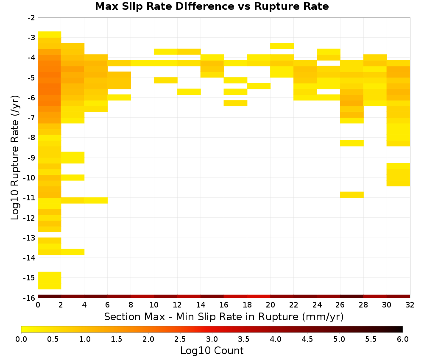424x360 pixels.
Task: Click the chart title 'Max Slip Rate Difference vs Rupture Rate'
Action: point(212,6)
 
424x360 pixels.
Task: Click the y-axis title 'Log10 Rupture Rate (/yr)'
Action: point(15,158)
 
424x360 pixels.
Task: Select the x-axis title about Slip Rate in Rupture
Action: point(223,316)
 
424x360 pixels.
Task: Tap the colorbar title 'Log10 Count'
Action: point(212,351)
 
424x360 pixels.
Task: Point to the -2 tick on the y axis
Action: point(31,18)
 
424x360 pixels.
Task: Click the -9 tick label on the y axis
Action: point(31,158)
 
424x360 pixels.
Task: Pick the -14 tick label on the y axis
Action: point(30,258)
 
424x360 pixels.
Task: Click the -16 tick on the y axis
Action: point(30,298)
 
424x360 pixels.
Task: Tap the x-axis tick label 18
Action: point(247,305)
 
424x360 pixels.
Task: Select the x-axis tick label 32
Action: point(410,305)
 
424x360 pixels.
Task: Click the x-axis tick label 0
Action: point(38,305)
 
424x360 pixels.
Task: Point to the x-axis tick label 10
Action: point(154,305)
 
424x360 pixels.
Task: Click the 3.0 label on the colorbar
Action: point(212,339)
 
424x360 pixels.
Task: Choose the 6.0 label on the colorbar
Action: point(403,339)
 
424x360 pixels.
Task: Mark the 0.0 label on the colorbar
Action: point(21,339)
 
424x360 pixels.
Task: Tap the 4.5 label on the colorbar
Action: point(307,339)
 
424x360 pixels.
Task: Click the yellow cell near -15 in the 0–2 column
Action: point(50,281)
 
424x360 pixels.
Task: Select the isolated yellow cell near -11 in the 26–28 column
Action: point(352,195)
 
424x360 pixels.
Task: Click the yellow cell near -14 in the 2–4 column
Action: point(73,252)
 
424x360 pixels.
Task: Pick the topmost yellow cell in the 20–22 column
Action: point(282,46)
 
